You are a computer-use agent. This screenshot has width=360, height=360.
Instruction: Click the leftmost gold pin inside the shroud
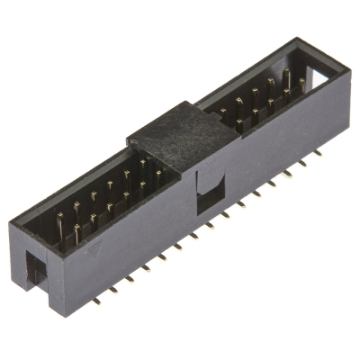pyautogui.click(x=61, y=223)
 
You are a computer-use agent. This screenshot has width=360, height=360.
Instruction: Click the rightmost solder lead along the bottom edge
pyautogui.click(x=318, y=153)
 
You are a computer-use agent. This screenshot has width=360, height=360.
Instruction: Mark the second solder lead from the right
pyautogui.click(x=304, y=161)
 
